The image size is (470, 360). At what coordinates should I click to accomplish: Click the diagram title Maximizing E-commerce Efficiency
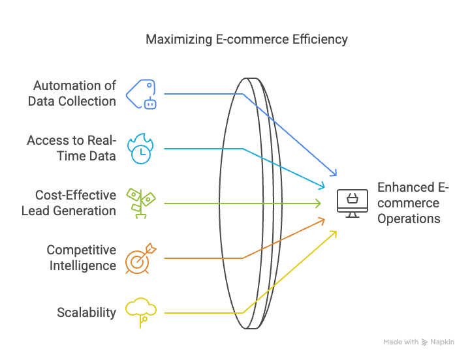[246, 40]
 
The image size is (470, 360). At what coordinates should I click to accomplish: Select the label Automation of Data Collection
[72, 93]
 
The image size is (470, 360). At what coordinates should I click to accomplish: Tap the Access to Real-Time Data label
[71, 148]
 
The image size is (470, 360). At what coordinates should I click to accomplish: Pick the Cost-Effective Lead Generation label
[69, 203]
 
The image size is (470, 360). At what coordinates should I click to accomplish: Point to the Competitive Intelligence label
[81, 258]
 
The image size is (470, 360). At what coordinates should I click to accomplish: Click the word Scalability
[86, 312]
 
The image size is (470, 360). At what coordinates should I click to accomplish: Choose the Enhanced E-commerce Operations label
[413, 203]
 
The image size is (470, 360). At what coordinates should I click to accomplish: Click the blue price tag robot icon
[141, 94]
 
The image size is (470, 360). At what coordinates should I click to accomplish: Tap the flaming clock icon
[140, 149]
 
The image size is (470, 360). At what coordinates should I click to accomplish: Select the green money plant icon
[141, 203]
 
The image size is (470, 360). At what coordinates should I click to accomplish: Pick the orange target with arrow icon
[141, 258]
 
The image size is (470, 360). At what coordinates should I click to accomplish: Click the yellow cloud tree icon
[141, 312]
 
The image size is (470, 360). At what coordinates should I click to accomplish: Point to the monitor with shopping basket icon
[352, 203]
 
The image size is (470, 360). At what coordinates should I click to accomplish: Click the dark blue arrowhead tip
[337, 175]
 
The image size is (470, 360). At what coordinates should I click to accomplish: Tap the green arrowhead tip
[321, 203]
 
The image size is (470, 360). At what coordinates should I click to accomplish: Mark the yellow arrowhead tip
[336, 232]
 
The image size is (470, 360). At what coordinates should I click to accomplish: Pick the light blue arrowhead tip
[324, 187]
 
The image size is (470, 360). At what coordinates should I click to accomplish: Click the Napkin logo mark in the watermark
[424, 342]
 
